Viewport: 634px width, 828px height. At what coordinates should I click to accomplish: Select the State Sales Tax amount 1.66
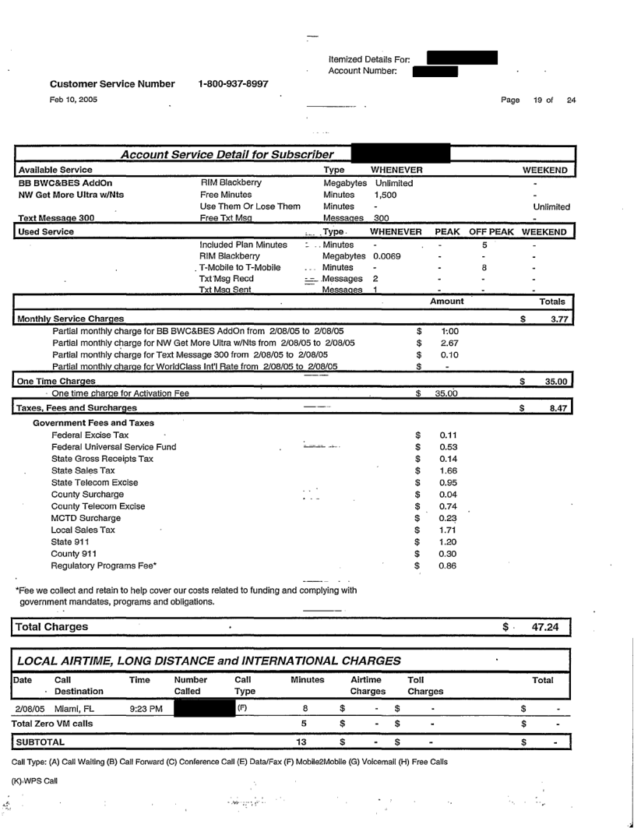click(x=446, y=470)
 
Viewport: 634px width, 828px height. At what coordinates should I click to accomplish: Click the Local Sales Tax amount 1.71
click(x=446, y=529)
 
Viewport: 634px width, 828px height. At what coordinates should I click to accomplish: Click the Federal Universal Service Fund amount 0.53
click(x=446, y=446)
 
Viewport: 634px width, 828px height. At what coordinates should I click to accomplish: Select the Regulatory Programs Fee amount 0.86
click(x=446, y=564)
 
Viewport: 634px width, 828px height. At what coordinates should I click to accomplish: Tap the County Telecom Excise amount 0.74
click(x=446, y=506)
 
